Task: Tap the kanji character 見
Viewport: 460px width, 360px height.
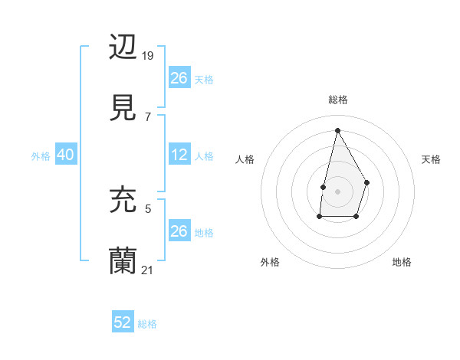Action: (123, 107)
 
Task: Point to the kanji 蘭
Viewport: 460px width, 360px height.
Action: (123, 260)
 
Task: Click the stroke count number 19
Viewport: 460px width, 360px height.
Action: (148, 55)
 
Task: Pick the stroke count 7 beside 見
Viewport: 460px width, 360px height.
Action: (148, 117)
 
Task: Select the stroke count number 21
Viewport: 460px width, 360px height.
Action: (148, 270)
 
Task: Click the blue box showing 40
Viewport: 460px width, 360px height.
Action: (65, 155)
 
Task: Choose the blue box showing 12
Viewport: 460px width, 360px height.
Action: (179, 155)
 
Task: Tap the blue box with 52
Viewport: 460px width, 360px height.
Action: (123, 322)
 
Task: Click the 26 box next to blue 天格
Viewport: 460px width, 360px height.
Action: (179, 78)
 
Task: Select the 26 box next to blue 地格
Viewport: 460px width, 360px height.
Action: (179, 231)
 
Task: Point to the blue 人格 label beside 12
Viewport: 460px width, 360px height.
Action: (204, 156)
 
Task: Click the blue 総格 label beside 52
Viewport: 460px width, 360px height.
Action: (147, 324)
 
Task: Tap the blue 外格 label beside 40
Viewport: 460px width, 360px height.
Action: (41, 156)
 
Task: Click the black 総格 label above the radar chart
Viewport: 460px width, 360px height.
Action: (337, 100)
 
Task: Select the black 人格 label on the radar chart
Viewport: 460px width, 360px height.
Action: (245, 159)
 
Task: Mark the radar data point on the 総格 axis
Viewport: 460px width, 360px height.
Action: (337, 129)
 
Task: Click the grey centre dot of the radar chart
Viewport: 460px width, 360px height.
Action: (337, 190)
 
